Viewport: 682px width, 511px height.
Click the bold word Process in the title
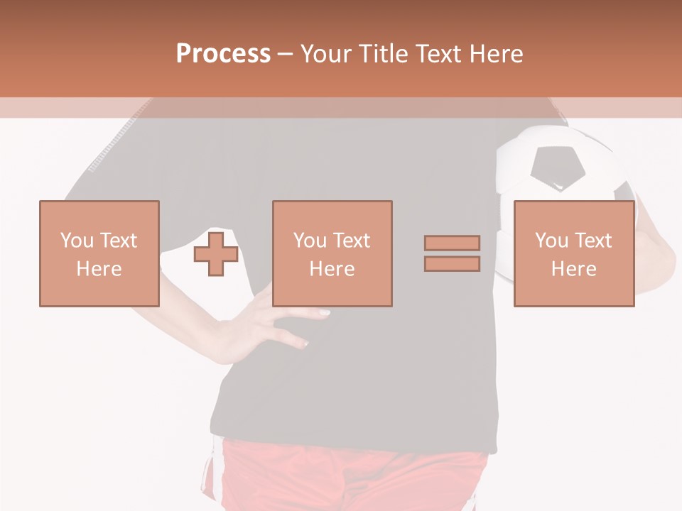[223, 54]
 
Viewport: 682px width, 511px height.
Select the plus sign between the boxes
[216, 254]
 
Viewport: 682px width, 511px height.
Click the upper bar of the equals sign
[452, 243]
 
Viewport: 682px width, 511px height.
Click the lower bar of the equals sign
[452, 264]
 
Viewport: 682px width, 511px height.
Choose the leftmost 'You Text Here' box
[99, 253]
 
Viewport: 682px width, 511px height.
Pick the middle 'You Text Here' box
[332, 253]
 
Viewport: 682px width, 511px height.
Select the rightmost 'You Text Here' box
[574, 253]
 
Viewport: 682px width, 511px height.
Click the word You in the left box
[77, 241]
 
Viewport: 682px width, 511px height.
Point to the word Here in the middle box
[332, 269]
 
